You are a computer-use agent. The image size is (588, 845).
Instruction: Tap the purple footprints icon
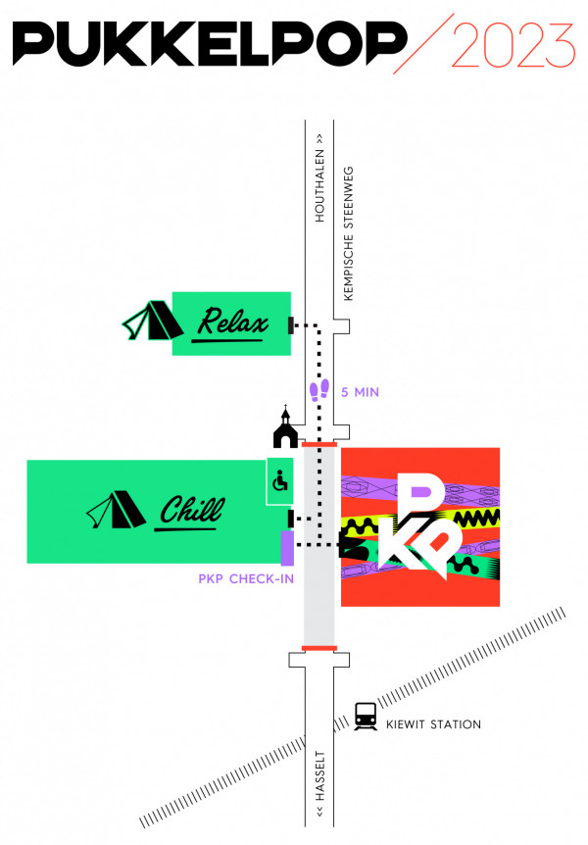tap(318, 391)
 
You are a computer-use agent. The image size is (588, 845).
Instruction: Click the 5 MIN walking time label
tap(360, 392)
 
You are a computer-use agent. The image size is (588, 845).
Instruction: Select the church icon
tap(284, 427)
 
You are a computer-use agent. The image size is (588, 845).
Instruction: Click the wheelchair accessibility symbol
tap(279, 481)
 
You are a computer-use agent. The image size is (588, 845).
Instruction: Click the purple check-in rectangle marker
tap(287, 547)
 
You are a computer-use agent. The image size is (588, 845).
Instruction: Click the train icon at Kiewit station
tap(366, 716)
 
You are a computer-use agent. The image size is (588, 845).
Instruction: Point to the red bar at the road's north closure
tap(319, 444)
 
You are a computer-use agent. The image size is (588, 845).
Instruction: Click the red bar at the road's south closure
tap(319, 648)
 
